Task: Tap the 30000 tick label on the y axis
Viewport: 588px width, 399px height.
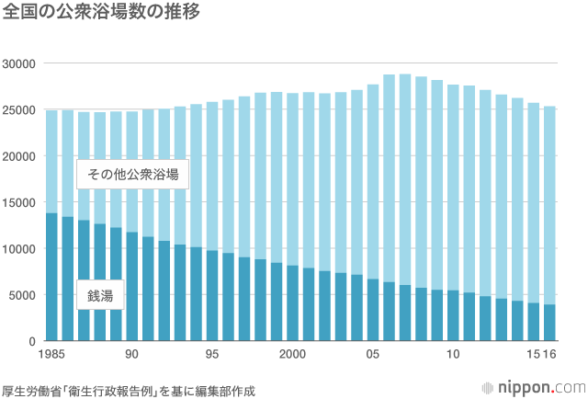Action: (17, 63)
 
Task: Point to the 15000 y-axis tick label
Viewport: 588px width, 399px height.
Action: (17, 202)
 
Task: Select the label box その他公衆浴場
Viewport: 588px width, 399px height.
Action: (132, 175)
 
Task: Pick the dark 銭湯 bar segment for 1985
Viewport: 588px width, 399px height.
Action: (51, 276)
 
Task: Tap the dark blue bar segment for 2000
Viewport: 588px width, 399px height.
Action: (292, 303)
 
